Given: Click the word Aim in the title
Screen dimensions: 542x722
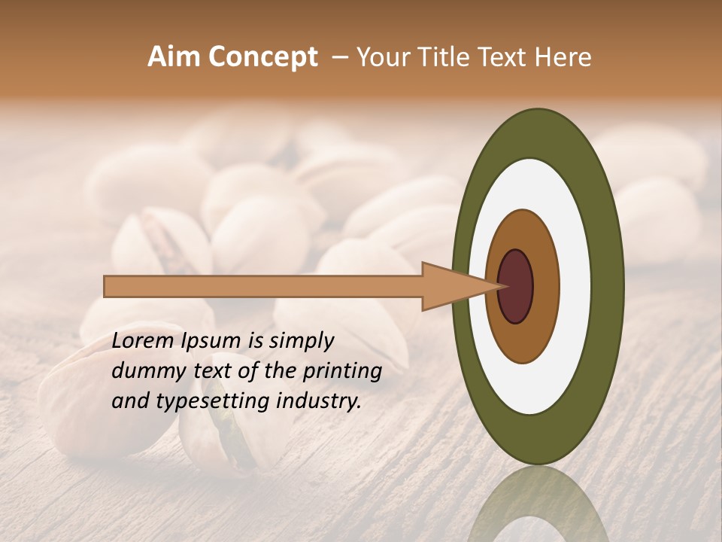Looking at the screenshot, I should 173,57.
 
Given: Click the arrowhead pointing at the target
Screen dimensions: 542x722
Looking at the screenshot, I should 451,287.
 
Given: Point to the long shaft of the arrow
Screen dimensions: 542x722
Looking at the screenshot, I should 263,287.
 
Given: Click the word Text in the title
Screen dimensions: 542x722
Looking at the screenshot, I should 508,57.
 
